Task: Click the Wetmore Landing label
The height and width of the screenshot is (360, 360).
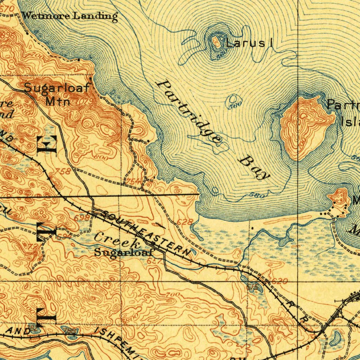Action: [69, 16]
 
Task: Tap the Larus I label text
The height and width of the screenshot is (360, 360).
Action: [249, 44]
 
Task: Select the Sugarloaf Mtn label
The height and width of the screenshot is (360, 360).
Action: [57, 94]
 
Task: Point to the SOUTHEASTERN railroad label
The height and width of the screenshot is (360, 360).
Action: [144, 233]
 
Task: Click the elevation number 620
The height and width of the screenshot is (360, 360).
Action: [279, 281]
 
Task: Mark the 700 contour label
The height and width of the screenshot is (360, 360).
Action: [173, 294]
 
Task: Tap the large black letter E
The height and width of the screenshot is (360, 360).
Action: [47, 144]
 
